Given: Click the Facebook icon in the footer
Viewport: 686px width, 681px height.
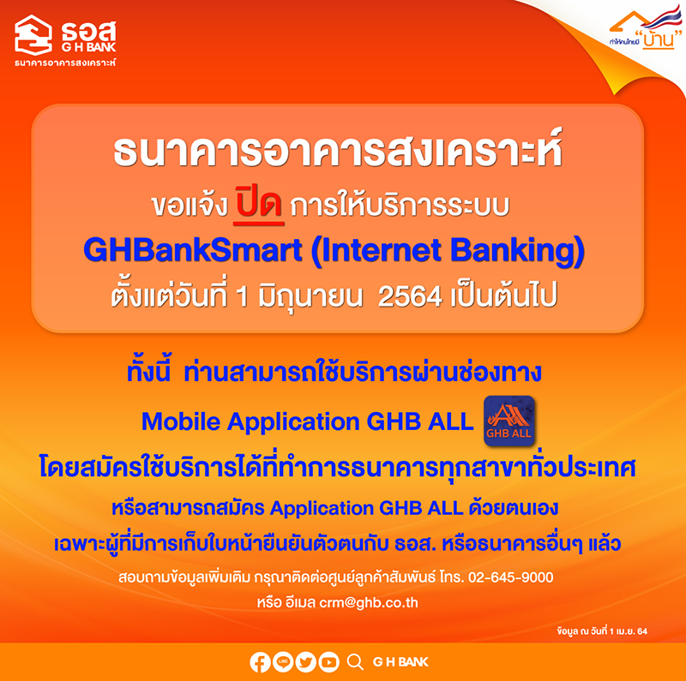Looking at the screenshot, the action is [x=260, y=662].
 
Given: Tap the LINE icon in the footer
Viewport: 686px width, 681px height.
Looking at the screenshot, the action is [x=283, y=662].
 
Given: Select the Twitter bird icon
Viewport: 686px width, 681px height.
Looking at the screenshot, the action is [x=305, y=662].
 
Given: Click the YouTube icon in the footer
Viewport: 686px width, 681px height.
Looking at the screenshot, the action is [x=328, y=662].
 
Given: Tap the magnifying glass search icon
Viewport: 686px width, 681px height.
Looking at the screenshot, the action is [x=355, y=662].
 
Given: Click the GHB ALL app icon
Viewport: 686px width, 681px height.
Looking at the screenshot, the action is [x=508, y=421].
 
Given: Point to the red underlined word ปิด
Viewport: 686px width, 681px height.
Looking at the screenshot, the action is [x=259, y=205].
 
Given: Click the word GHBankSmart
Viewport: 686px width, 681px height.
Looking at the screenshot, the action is [x=192, y=250].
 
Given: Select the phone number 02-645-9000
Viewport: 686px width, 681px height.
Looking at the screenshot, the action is [x=510, y=577].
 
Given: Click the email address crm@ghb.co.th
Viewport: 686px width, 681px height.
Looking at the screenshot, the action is [x=369, y=603].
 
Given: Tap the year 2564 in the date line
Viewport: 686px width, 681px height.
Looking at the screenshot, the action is [x=410, y=297].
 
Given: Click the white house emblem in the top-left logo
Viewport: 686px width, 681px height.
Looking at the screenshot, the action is [x=33, y=34].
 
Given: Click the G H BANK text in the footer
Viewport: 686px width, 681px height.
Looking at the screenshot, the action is [x=400, y=662].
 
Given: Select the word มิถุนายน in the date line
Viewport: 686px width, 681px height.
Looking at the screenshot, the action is [x=310, y=297].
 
